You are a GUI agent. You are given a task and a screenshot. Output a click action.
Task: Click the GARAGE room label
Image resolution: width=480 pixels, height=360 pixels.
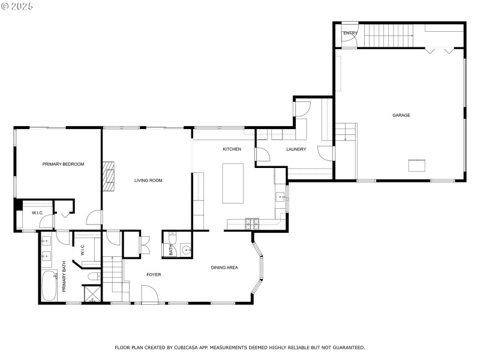401,115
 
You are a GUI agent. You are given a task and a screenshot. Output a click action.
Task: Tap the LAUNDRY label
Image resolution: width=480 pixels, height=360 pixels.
296,149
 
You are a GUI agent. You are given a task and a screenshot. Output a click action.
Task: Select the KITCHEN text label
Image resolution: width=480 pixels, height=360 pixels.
232,149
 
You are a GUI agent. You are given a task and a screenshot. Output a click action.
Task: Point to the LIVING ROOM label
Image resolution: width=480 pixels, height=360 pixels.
148,180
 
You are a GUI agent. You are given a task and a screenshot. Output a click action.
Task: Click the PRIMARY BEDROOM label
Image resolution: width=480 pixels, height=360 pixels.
63,164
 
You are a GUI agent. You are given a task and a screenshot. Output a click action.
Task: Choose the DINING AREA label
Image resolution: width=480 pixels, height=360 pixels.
224,267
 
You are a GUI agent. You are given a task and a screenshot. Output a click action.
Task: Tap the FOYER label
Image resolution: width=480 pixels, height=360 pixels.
154,274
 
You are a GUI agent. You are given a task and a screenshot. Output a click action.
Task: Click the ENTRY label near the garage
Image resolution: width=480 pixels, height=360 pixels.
350,33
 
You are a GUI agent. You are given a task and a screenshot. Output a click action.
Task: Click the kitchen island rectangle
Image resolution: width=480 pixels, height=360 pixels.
233,183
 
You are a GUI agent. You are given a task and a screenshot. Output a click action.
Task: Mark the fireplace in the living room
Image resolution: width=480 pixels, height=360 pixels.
107,176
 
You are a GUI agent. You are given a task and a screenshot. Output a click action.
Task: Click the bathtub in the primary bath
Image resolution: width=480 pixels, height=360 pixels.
49,286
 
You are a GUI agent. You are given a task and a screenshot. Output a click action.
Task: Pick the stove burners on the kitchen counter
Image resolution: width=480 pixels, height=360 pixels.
252,224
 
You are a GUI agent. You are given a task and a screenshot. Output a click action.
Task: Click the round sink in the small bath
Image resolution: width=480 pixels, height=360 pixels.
185,250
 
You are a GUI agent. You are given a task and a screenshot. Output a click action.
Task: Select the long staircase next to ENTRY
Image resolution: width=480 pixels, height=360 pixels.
389,35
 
